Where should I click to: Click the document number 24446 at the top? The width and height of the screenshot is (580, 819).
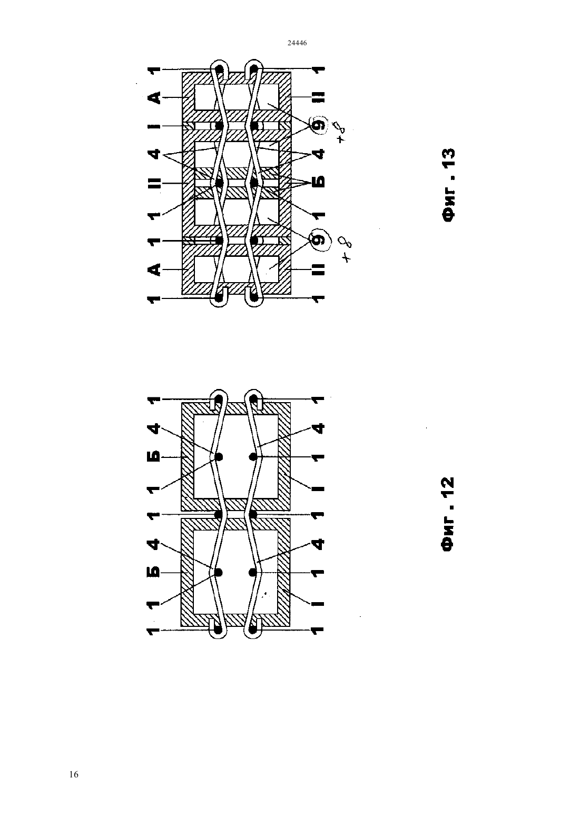pyautogui.click(x=297, y=43)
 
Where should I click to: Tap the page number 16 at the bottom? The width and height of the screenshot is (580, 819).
pyautogui.click(x=74, y=774)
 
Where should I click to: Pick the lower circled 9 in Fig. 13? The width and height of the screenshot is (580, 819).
pyautogui.click(x=318, y=240)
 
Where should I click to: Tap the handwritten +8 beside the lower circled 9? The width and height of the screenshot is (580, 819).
pyautogui.click(x=347, y=249)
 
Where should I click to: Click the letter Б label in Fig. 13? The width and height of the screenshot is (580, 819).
pyautogui.click(x=319, y=182)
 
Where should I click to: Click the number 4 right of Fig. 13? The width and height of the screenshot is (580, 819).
pyautogui.click(x=319, y=154)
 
